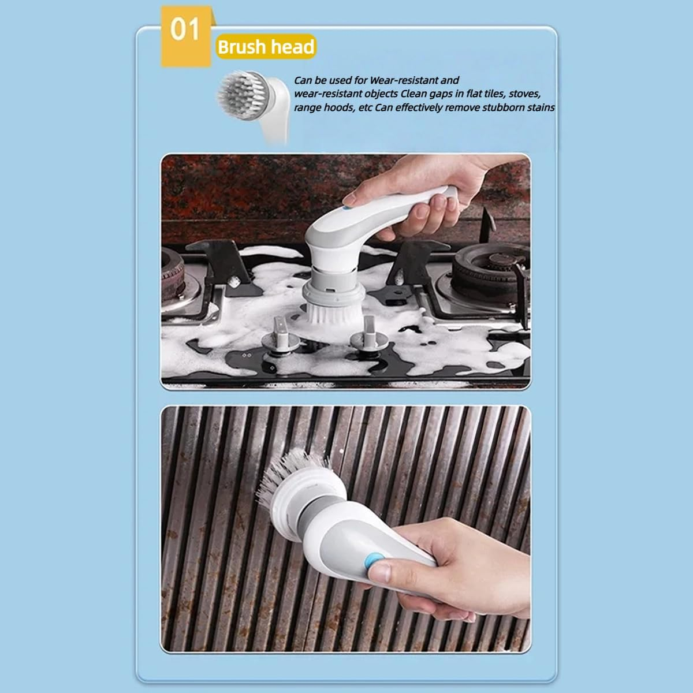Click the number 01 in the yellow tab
(x=185, y=29)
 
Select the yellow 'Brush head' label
(x=266, y=47)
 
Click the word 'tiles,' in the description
(x=487, y=94)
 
